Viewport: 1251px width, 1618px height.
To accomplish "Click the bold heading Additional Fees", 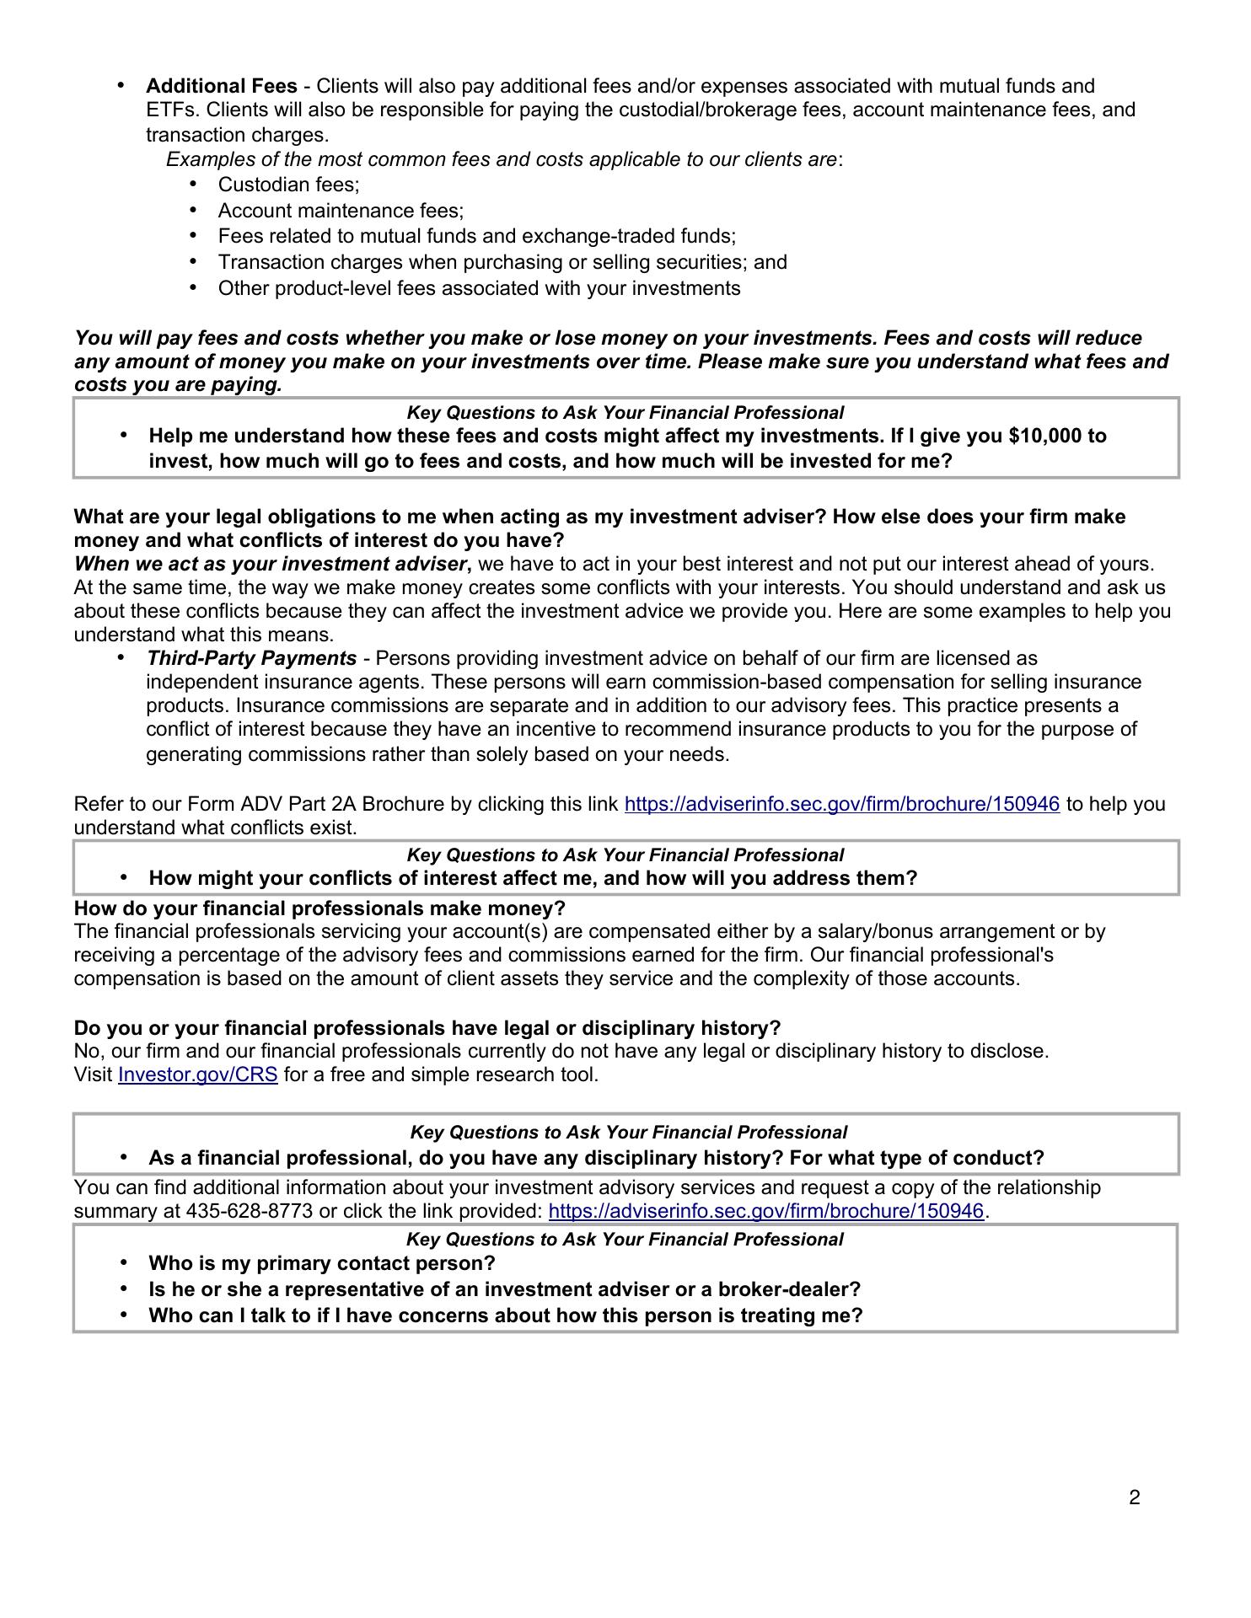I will click(222, 86).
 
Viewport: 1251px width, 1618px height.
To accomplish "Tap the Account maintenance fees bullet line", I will click(341, 211).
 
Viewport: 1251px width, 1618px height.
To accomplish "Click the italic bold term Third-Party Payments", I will click(251, 658).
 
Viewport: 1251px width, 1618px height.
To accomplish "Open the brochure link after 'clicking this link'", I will click(841, 804).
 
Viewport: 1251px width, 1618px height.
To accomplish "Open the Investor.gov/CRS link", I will click(198, 1075).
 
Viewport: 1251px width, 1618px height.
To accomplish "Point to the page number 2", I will click(1135, 1497).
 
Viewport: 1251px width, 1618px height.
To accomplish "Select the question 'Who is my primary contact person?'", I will click(321, 1263).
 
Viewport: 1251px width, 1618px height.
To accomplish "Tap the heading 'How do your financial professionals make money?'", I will click(319, 908).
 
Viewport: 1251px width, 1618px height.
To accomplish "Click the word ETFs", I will click(173, 110).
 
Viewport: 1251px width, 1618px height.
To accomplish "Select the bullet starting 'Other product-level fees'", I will click(479, 288).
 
